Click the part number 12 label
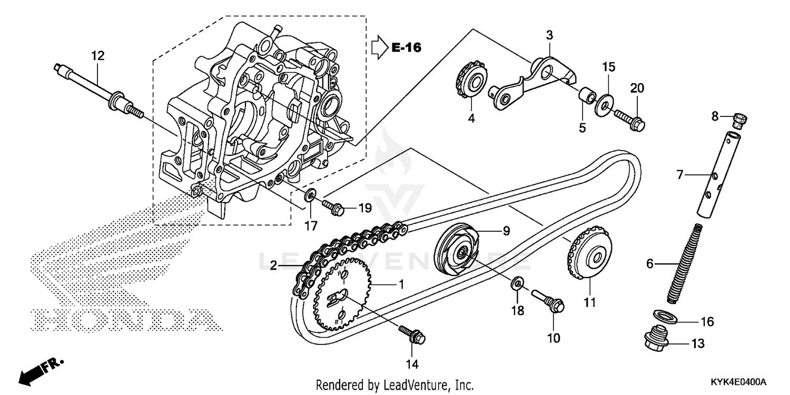(98, 55)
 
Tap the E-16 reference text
(406, 48)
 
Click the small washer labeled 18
(518, 285)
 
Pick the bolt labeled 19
(333, 207)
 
